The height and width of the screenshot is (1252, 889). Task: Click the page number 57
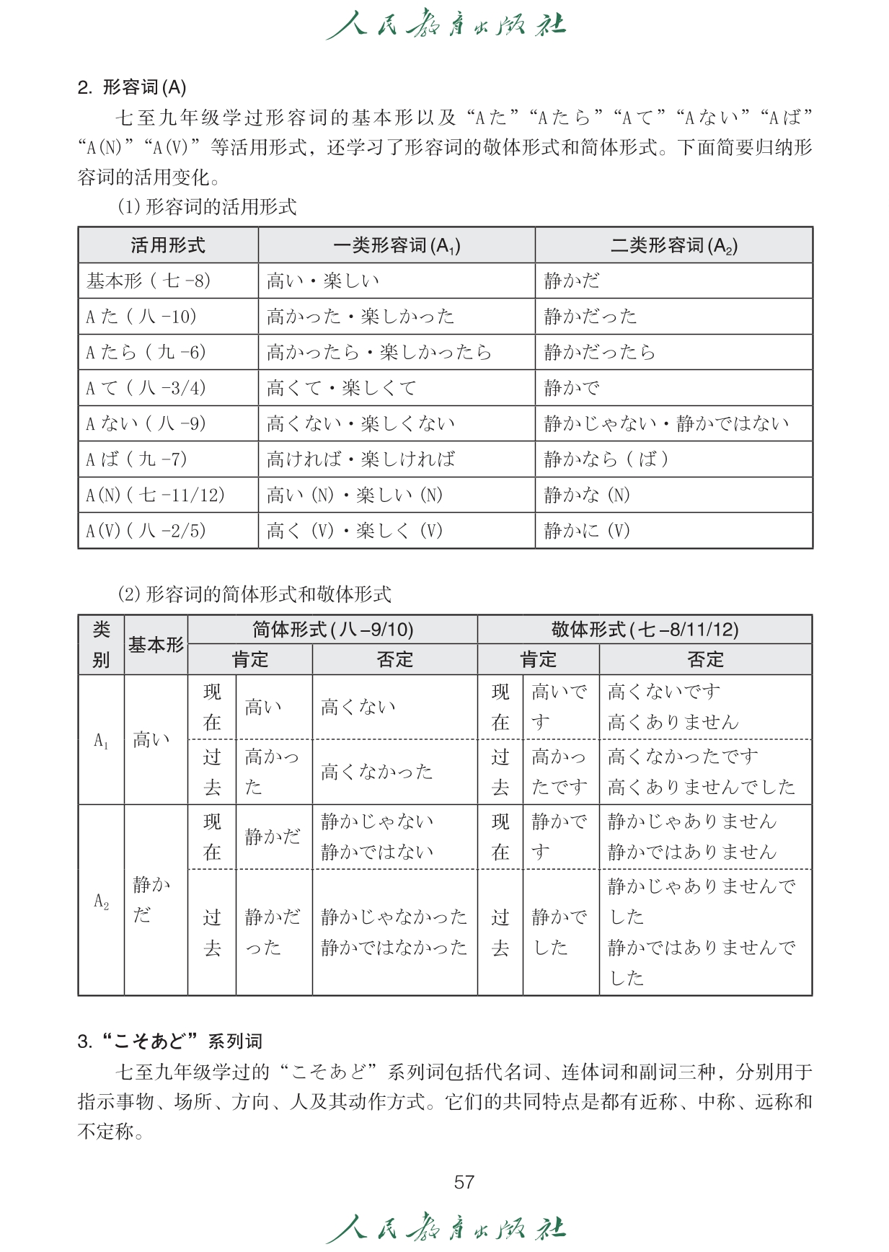pos(464,1181)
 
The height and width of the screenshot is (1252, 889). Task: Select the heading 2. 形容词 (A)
pos(132,87)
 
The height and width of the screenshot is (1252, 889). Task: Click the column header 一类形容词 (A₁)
pos(397,246)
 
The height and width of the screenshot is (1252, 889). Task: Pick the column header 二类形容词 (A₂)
pos(673,246)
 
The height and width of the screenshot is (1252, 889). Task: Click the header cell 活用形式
pos(168,246)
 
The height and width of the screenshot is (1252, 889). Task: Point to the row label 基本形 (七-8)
pos(149,281)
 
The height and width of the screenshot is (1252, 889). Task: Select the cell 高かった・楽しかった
pos(361,317)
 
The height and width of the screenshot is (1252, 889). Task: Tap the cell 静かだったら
pos(600,352)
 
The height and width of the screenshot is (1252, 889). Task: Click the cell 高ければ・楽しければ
pos(361,459)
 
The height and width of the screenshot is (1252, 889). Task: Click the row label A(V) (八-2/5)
pos(146,531)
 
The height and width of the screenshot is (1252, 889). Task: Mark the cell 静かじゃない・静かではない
pos(667,423)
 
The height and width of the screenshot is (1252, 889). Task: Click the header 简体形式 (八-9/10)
pos(332,630)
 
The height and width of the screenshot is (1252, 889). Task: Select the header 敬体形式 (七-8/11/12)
pos(645,630)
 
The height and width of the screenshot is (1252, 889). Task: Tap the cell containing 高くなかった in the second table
pos(376,772)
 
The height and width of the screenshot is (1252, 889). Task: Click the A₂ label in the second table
pos(102,901)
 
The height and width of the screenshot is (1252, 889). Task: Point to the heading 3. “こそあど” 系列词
pos(170,1041)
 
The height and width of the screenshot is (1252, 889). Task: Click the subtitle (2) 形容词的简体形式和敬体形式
pos(254,594)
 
